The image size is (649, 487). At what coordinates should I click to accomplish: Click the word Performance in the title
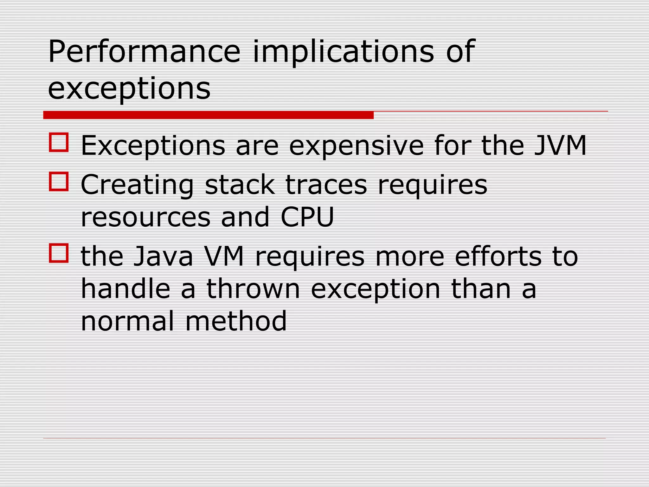pyautogui.click(x=144, y=52)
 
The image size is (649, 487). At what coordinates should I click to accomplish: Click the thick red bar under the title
pyautogui.click(x=208, y=115)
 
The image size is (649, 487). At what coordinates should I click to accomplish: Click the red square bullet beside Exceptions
pyautogui.click(x=59, y=142)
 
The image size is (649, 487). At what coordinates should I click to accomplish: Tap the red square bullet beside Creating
pyautogui.click(x=59, y=181)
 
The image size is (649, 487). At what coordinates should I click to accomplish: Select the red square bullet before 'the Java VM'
pyautogui.click(x=59, y=253)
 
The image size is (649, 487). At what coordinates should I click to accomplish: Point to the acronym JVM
pyautogui.click(x=560, y=146)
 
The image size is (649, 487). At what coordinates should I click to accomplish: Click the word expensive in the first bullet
pyautogui.click(x=356, y=146)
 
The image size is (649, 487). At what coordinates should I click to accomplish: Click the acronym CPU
pyautogui.click(x=307, y=217)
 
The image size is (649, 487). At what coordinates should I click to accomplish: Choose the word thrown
pyautogui.click(x=253, y=289)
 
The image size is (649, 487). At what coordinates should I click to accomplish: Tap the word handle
pyautogui.click(x=125, y=289)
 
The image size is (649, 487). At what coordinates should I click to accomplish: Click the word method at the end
pyautogui.click(x=236, y=321)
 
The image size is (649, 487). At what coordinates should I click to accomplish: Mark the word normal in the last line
pyautogui.click(x=127, y=321)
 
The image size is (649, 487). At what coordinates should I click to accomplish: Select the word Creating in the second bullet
pyautogui.click(x=137, y=185)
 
